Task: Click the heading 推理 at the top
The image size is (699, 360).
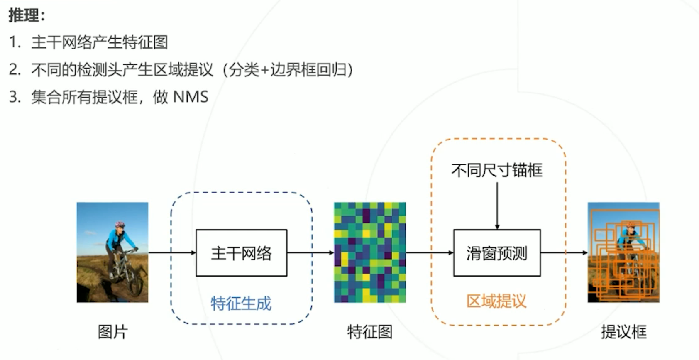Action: click(24, 15)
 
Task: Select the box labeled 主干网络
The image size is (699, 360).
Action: click(241, 253)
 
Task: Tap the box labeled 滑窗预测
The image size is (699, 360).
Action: click(496, 253)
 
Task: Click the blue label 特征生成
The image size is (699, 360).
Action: click(241, 304)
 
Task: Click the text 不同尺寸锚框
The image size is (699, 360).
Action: click(496, 170)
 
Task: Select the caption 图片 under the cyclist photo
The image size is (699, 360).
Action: click(112, 332)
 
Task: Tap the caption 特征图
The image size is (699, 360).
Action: click(369, 332)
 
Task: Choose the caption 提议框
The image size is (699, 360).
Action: click(623, 332)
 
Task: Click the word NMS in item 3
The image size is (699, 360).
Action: click(191, 97)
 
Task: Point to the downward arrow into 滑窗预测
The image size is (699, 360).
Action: click(497, 206)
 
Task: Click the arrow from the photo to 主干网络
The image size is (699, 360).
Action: click(172, 252)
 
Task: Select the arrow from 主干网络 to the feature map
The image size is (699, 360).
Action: click(310, 252)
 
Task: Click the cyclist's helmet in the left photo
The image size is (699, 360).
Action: click(120, 225)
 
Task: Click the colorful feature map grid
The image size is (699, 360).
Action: click(369, 252)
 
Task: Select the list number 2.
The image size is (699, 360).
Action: click(15, 70)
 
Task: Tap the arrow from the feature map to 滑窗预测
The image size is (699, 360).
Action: click(429, 252)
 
